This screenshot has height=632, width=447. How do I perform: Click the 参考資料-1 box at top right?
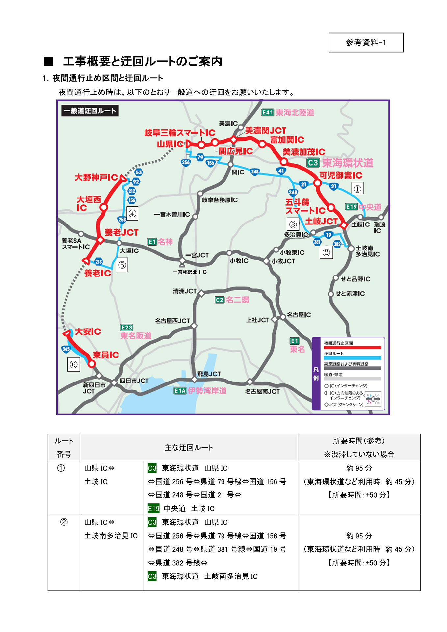(366, 42)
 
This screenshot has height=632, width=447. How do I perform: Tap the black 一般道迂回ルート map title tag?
(90, 111)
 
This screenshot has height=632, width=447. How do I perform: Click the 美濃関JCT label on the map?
(265, 130)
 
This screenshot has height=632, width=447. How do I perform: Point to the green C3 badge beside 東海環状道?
(313, 163)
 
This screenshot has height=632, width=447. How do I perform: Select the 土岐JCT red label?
(321, 221)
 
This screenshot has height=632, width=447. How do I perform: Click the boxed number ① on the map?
(357, 189)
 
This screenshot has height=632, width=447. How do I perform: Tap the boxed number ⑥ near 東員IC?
(74, 364)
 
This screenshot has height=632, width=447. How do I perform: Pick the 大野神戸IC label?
(96, 177)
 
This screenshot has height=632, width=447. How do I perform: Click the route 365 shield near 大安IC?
(66, 349)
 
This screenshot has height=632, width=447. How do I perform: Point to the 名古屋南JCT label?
(262, 391)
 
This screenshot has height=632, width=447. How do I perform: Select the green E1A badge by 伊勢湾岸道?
(180, 391)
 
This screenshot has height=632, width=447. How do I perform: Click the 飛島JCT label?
(209, 374)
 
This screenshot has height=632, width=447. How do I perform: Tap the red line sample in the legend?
(352, 348)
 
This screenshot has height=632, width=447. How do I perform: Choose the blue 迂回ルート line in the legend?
(352, 358)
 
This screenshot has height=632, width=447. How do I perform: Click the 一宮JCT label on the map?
(197, 255)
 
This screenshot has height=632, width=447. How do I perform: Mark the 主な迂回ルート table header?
(189, 447)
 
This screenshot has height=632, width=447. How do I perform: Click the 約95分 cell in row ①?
(359, 468)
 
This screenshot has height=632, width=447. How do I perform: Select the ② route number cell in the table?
(64, 522)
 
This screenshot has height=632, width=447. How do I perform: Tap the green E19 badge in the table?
(153, 508)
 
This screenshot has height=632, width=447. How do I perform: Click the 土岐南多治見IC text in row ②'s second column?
(111, 536)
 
